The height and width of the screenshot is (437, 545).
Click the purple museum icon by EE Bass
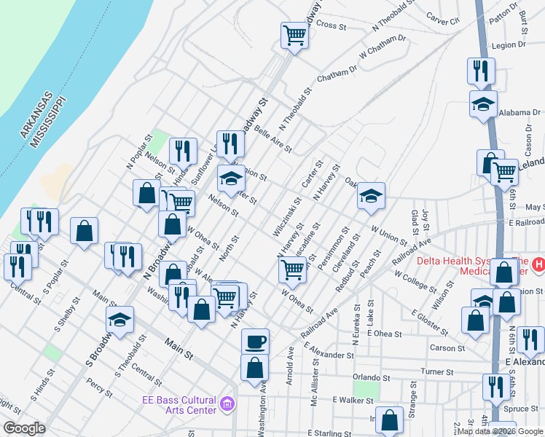227,403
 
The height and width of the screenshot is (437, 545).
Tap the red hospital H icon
538,264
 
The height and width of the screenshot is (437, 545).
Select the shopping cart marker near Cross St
294,34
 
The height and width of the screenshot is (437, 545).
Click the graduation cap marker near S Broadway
120,318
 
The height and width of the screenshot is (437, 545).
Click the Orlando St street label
366,377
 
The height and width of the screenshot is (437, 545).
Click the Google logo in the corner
24,428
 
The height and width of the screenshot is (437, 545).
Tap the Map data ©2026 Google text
495,431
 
